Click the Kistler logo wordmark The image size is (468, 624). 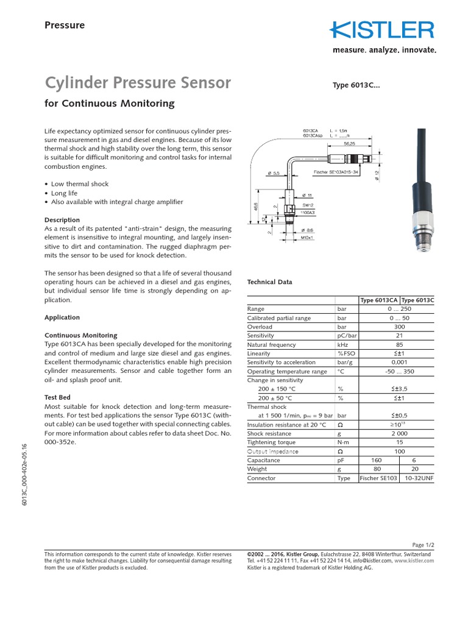[382, 30]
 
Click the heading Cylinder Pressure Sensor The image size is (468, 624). [138, 82]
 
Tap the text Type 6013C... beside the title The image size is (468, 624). [356, 85]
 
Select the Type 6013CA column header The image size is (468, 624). [379, 300]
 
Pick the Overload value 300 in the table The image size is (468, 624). [399, 327]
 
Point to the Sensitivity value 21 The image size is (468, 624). [399, 336]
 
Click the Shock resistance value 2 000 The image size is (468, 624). [399, 433]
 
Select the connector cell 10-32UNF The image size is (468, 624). [418, 478]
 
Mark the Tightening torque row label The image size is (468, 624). [271, 442]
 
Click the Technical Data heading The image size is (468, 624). [269, 282]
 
